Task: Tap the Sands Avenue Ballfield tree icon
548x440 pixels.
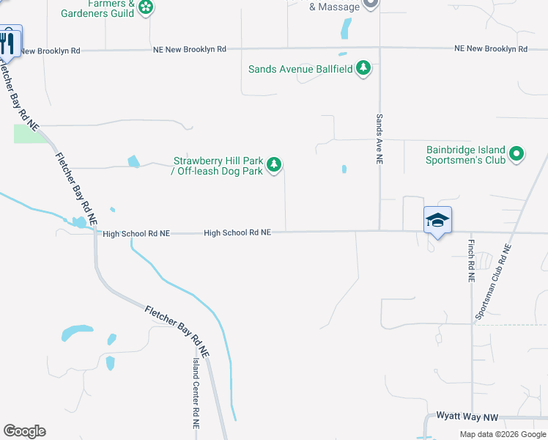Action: (363, 69)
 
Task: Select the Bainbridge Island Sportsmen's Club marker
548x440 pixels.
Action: (516, 154)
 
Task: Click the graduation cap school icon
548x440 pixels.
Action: (437, 220)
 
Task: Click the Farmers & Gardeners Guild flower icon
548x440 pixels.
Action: (147, 7)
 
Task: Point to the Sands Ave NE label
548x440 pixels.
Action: (379, 139)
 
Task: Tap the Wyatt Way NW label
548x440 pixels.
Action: (467, 417)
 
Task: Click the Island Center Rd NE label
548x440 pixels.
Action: (196, 394)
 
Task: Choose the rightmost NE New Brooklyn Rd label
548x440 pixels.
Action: (491, 49)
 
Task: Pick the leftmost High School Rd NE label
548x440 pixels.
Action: (136, 233)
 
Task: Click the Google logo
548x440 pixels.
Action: (24, 431)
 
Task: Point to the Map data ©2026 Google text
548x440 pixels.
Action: (503, 434)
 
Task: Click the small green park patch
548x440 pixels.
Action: (27, 133)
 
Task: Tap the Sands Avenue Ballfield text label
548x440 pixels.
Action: (300, 70)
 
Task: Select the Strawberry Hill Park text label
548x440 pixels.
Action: (218, 166)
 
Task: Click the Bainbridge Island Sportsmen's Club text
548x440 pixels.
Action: (465, 155)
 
